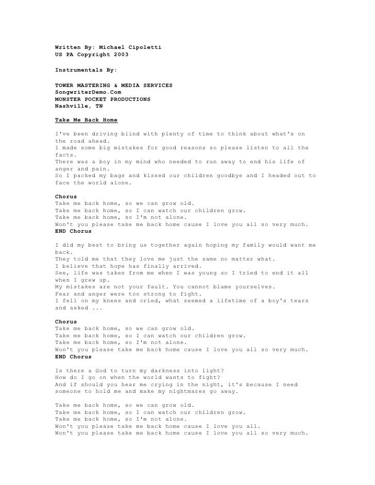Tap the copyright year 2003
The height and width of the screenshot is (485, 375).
118,54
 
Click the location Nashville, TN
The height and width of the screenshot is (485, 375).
79,106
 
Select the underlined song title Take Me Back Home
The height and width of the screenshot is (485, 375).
86,120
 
